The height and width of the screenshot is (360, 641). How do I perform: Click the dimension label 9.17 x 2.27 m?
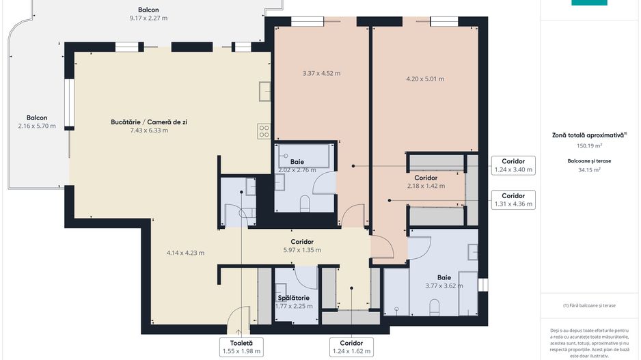point(148,18)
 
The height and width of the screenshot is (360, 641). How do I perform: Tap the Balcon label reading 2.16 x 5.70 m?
point(37,126)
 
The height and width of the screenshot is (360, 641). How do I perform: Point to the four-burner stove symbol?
point(264,131)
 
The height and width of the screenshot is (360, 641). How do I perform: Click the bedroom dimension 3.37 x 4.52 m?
point(321,73)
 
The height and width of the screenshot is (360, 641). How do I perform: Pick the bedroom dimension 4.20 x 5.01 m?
point(425,79)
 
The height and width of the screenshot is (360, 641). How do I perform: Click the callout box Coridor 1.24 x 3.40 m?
point(513,165)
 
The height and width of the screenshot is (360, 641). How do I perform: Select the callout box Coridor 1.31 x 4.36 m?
point(513,199)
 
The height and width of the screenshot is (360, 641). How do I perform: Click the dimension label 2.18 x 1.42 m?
point(426,186)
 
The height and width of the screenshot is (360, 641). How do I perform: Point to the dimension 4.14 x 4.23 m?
point(185,253)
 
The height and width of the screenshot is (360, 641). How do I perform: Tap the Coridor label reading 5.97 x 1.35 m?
point(301,250)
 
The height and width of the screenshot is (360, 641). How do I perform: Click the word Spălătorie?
point(294,298)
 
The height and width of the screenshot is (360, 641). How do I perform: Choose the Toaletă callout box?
point(241,347)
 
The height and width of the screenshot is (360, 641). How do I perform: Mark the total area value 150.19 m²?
point(589,146)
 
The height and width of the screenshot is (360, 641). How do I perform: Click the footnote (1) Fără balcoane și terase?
point(589,305)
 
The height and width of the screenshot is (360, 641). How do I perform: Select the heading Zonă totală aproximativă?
point(589,135)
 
